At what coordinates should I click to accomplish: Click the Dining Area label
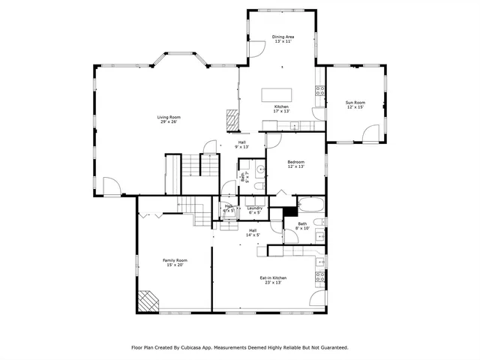(282, 36)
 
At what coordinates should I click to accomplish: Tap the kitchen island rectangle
(274, 95)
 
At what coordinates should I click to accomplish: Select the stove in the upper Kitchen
(319, 91)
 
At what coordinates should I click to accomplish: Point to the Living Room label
(169, 117)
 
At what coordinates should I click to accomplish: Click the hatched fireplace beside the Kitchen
(232, 118)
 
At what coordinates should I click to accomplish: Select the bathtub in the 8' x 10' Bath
(308, 205)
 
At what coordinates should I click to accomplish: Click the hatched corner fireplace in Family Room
(147, 300)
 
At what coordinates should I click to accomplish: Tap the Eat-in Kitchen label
(273, 277)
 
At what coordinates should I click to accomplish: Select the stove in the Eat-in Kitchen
(320, 277)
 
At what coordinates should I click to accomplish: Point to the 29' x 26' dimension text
(169, 122)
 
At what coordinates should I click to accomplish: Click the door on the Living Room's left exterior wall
(110, 186)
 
